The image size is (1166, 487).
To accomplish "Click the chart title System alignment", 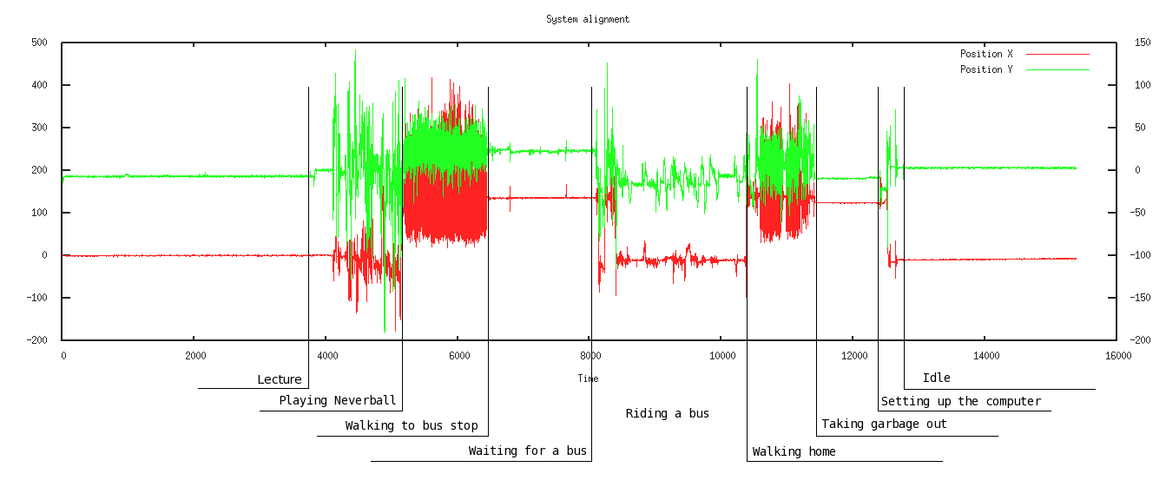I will coord(588,19).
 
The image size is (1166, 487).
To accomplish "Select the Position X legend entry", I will coord(986,54).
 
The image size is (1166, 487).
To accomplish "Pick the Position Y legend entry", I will coord(986,69).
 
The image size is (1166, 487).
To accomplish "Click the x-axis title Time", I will coord(588,378).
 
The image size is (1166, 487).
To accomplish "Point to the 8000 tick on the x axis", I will coord(590,355).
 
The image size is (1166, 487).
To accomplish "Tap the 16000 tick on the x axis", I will coord(1117,355).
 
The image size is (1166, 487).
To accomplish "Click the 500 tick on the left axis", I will coord(39,43).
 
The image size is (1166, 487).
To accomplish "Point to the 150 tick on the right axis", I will coord(1143,43).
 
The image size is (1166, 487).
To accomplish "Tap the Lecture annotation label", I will coord(280,379).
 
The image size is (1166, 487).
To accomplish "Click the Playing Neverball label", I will coord(337,401).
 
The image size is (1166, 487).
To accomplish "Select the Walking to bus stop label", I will coord(412,425).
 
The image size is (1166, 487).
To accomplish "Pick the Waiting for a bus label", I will coord(528,451).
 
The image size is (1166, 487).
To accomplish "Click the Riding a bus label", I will coord(668,413).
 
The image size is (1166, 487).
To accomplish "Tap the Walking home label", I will coord(794,451).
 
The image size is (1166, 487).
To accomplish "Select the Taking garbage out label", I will coord(884,424).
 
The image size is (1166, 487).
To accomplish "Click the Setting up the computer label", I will coord(960,401).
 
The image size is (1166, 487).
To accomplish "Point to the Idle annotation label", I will coord(936,378).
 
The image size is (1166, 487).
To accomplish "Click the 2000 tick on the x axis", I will coord(195,355).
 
